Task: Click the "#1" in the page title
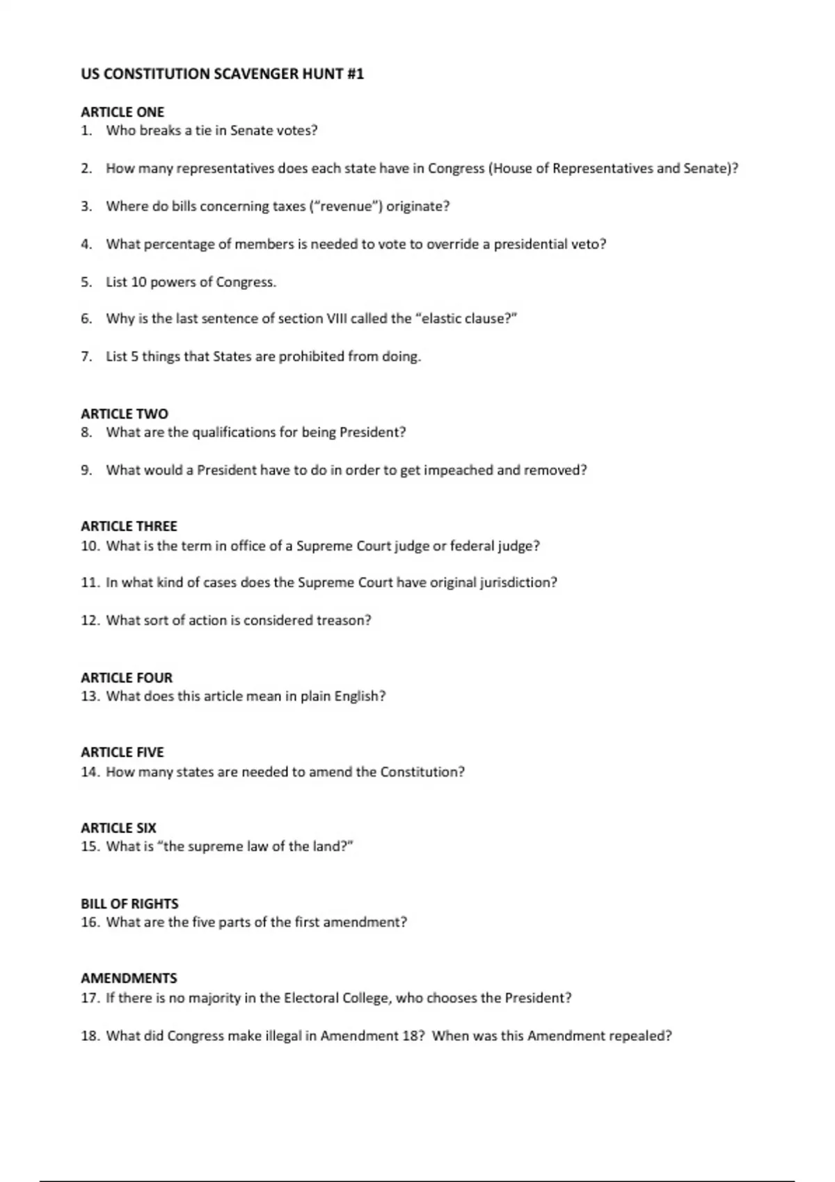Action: (355, 74)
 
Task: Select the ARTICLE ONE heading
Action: (122, 112)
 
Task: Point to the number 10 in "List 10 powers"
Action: (138, 282)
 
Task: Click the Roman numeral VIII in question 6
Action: (335, 319)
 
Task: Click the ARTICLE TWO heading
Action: (125, 414)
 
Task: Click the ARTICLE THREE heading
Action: (129, 526)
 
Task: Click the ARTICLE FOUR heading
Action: (127, 678)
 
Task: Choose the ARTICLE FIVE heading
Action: (122, 752)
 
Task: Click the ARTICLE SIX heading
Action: (118, 828)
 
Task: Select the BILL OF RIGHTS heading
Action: (129, 904)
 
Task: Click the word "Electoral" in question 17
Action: (311, 998)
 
